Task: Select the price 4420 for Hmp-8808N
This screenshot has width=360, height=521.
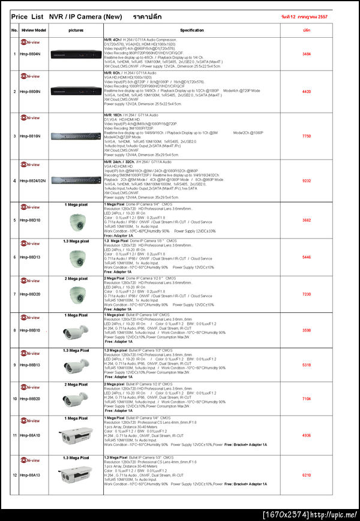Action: point(306,92)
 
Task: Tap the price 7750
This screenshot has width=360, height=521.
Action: point(306,136)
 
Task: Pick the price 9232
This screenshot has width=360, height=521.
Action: point(306,180)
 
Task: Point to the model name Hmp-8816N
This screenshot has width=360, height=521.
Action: point(30,136)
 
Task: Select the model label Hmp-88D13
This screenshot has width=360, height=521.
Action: point(30,257)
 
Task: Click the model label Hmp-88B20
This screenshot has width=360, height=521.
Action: point(30,399)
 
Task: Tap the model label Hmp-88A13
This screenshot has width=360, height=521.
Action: point(30,475)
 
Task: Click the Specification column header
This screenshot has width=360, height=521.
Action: point(192,29)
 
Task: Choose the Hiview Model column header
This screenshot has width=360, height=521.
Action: point(34,29)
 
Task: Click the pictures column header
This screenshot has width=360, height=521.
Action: point(76,29)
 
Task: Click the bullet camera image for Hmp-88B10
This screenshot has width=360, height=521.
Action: point(76,331)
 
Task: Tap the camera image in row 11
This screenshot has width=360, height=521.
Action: point(76,436)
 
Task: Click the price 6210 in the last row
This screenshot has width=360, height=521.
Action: point(306,475)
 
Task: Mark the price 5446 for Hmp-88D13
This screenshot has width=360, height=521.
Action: point(306,257)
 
